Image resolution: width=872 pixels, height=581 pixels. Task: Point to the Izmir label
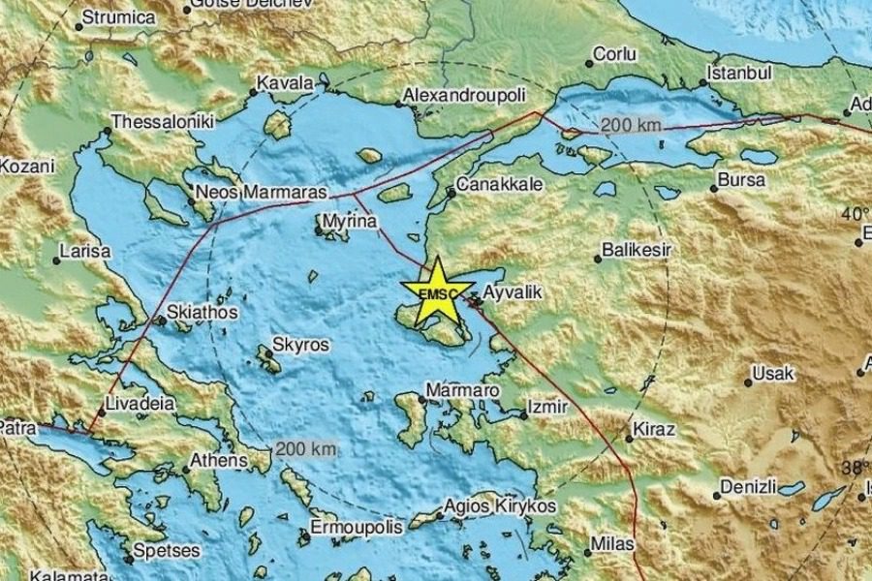click(547, 408)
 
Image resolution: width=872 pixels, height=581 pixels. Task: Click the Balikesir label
click(637, 251)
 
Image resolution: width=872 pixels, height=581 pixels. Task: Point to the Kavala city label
click(287, 84)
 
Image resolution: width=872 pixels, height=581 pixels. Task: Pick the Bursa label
click(741, 180)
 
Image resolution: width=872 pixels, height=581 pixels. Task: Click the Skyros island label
click(300, 345)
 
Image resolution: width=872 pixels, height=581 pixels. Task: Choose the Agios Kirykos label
click(500, 505)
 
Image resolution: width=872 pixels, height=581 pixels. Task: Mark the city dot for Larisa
click(56, 260)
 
